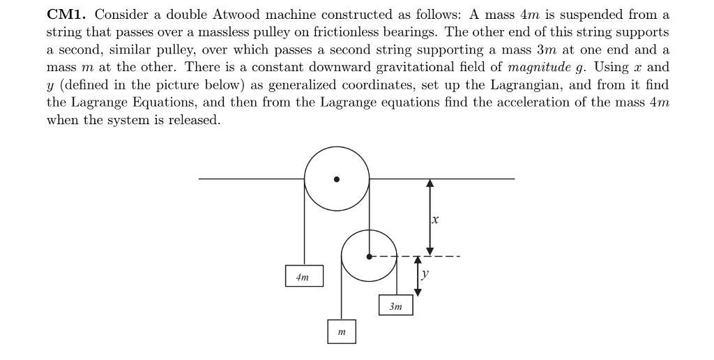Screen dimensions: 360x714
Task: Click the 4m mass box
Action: [304, 276]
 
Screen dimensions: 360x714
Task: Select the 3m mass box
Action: [395, 306]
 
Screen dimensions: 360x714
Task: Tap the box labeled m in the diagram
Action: [342, 332]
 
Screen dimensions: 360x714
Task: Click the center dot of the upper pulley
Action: [337, 179]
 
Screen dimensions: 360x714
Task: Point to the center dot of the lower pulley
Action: [369, 256]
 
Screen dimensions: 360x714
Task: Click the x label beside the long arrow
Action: [436, 219]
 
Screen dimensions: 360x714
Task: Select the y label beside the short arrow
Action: [425, 274]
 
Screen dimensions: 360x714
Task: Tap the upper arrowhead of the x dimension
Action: [430, 183]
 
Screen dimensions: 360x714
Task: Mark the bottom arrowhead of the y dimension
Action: [418, 292]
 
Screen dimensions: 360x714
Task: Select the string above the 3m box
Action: [396, 279]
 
